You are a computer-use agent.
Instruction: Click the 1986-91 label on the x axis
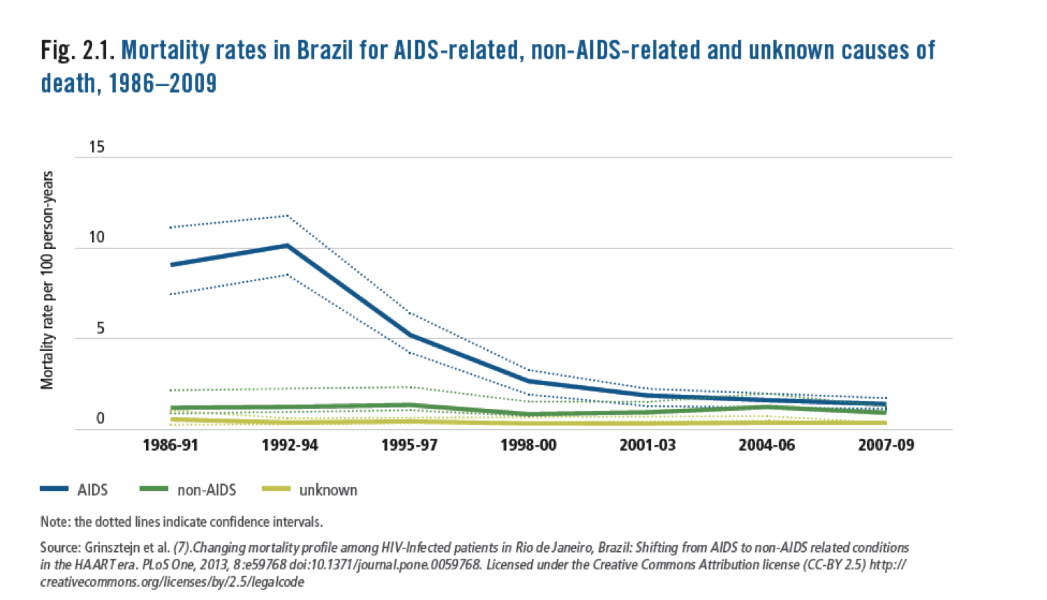(170, 445)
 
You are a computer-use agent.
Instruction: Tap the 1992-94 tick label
(290, 445)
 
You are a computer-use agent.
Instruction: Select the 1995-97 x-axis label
(409, 445)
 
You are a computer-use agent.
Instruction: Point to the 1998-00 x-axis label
(528, 445)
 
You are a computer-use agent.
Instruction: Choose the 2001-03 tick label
(648, 445)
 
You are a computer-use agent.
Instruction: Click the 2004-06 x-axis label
(766, 445)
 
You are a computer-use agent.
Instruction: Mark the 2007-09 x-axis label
(886, 445)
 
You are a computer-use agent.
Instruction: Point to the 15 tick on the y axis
(96, 147)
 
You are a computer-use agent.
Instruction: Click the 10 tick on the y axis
(96, 237)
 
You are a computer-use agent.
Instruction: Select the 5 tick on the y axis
(101, 328)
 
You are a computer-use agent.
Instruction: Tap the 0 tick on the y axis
(101, 419)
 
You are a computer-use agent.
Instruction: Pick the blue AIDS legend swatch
(54, 490)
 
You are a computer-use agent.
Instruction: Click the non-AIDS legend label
(207, 490)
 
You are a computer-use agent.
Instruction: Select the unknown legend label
(328, 490)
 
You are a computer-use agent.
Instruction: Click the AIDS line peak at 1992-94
(287, 246)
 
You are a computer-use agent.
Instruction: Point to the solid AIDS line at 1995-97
(410, 335)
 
